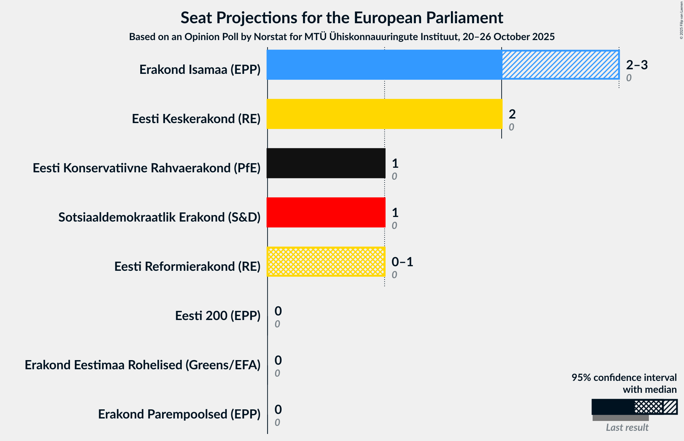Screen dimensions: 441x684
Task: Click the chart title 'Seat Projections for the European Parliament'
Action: tap(342, 18)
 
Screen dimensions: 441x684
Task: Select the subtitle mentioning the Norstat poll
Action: tap(342, 37)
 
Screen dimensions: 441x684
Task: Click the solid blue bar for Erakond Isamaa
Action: tap(384, 65)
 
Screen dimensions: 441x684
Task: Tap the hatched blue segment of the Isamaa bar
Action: tap(560, 65)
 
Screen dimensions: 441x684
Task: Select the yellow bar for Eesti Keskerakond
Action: tap(384, 114)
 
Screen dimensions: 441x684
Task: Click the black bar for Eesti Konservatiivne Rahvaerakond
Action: tap(326, 163)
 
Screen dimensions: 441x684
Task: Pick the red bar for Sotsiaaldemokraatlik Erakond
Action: tap(326, 212)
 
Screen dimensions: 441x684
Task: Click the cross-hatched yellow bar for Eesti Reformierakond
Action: tap(326, 262)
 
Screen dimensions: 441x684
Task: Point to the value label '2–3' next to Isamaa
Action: tap(637, 65)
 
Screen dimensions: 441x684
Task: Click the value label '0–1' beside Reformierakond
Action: tap(402, 262)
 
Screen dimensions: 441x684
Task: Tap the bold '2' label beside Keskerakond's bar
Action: tap(512, 114)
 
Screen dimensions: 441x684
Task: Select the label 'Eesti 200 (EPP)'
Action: tap(218, 316)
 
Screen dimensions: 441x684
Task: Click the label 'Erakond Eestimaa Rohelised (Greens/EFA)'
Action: tap(142, 365)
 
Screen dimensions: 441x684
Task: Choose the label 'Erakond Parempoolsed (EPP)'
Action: tap(179, 414)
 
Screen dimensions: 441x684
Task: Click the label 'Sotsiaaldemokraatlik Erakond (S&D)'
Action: tap(159, 217)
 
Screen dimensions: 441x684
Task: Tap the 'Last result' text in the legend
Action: tap(627, 428)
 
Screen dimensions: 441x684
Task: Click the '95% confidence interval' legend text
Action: tap(624, 378)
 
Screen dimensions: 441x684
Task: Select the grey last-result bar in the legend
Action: tap(620, 418)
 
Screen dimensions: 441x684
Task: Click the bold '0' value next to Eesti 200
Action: tap(278, 311)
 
